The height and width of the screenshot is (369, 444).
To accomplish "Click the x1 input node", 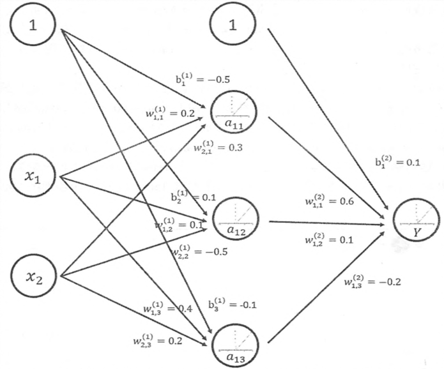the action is [33, 176].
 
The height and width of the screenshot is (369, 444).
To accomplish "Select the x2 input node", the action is [34, 276].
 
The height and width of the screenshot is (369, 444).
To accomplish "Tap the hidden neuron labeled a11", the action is [234, 112].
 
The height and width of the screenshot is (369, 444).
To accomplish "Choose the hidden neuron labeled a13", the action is [236, 344].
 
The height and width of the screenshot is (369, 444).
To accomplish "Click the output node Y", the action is [417, 220].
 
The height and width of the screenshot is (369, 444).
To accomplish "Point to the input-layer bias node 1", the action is [33, 24].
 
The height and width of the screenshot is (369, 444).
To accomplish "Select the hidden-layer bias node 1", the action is [233, 24].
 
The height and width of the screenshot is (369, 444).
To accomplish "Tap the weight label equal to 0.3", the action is [218, 147].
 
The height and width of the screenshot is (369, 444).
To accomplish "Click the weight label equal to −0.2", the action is [372, 281].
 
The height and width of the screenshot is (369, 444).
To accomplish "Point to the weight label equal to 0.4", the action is [168, 308].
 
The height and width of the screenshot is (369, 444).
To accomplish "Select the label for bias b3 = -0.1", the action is [233, 304].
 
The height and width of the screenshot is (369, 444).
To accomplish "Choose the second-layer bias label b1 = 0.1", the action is [398, 162].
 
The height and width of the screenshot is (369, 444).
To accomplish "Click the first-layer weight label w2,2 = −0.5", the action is [199, 251].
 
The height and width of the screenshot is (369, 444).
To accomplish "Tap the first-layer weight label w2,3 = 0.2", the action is [158, 340].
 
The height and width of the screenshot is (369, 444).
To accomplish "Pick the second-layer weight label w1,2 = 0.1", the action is [329, 239].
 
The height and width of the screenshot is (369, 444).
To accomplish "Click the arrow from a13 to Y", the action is [326, 287].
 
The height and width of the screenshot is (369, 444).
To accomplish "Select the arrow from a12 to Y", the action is [326, 223].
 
